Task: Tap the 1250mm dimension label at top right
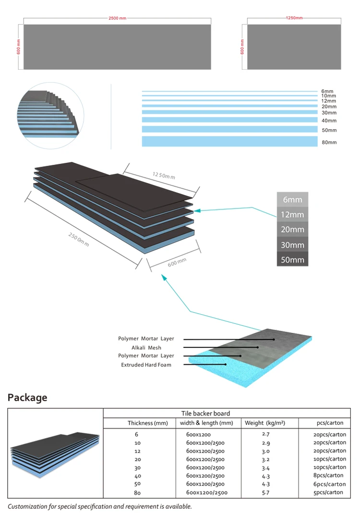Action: [294, 18]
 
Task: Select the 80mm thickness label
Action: [329, 142]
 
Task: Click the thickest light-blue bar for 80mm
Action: [229, 141]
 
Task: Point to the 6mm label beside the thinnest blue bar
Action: [327, 91]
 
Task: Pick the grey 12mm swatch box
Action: [293, 214]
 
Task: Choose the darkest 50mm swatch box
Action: [293, 260]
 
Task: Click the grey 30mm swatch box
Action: [293, 245]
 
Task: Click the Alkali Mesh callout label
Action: [146, 347]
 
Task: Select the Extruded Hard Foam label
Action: [146, 365]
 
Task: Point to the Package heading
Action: [27, 397]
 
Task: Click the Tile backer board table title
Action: [205, 413]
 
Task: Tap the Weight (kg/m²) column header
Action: [265, 423]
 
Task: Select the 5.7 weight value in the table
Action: [265, 492]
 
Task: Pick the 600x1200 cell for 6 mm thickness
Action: [199, 434]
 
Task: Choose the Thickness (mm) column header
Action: [147, 423]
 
